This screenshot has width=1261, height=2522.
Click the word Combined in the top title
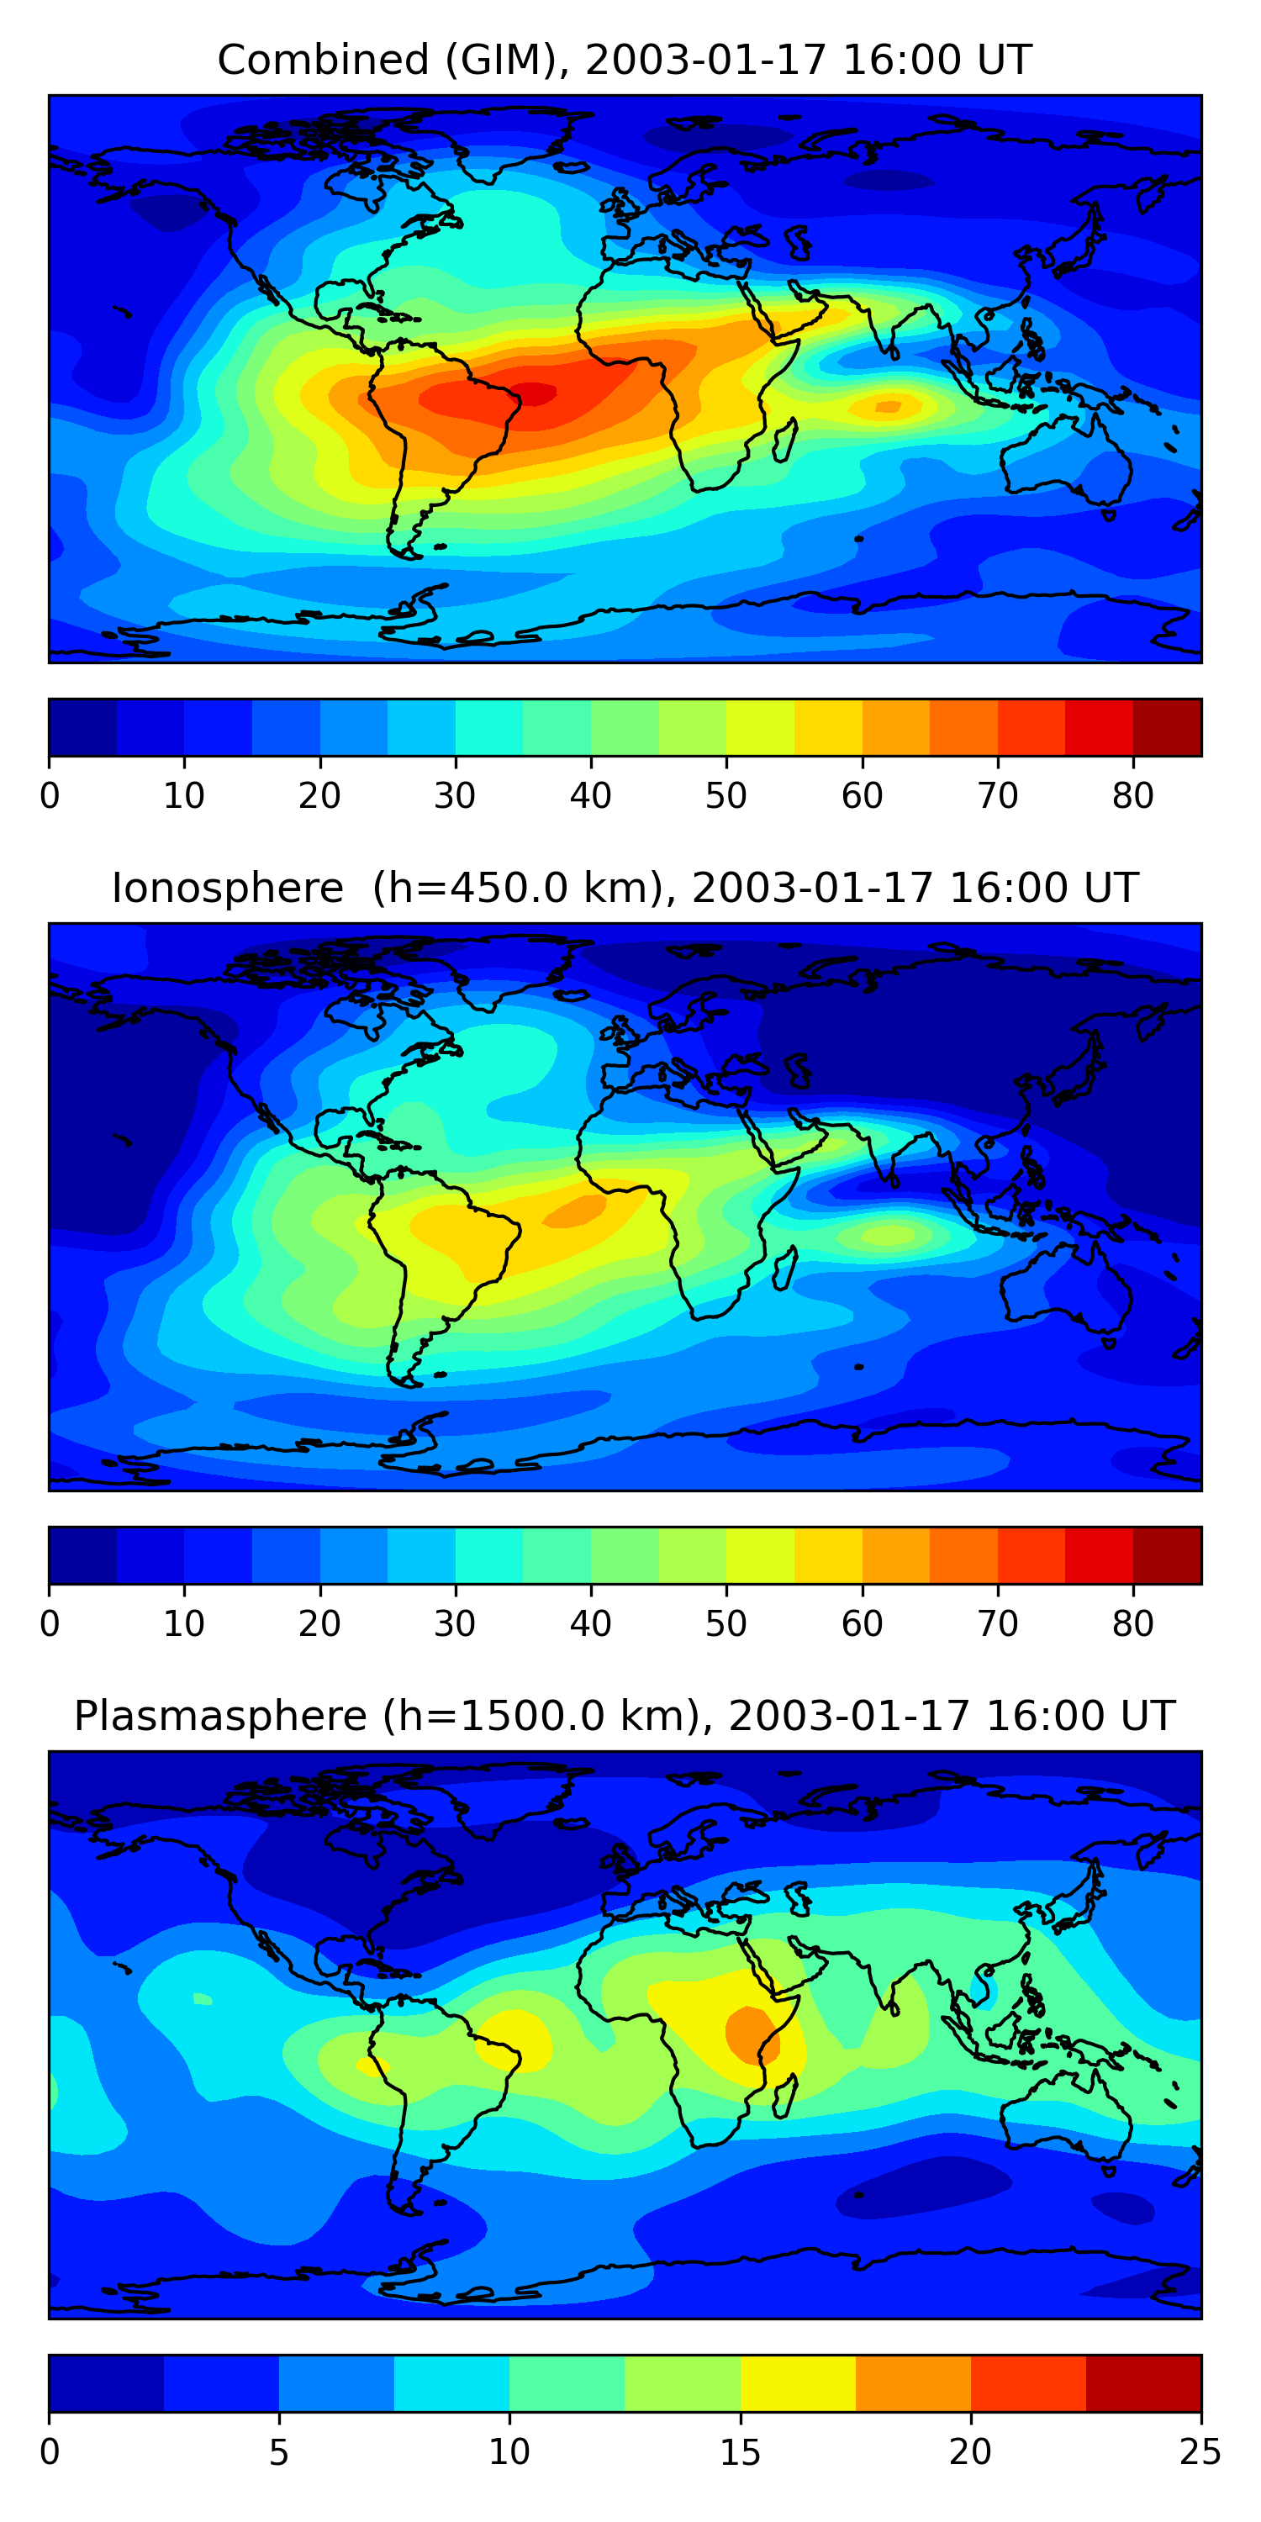click(x=323, y=60)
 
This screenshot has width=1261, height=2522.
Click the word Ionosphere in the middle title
click(x=227, y=888)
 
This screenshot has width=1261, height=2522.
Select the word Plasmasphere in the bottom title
click(x=220, y=1717)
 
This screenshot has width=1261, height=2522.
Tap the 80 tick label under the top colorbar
click(x=1132, y=796)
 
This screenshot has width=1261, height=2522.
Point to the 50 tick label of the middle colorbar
click(x=725, y=1624)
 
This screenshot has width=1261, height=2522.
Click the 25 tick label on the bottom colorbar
click(x=1200, y=2452)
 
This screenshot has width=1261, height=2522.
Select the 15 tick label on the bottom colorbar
click(x=740, y=2452)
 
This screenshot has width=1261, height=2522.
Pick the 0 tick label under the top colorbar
click(x=50, y=796)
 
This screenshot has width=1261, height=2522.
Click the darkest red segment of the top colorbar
click(x=1167, y=727)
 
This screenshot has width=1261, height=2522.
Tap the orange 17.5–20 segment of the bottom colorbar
click(x=914, y=2384)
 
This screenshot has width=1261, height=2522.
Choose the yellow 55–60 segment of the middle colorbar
click(x=828, y=1556)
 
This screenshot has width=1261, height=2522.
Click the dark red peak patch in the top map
click(x=534, y=393)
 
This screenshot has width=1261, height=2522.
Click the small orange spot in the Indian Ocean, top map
click(x=888, y=406)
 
